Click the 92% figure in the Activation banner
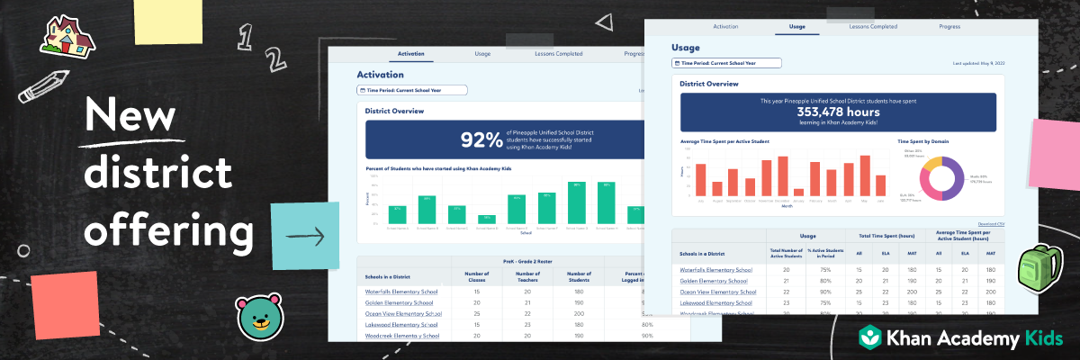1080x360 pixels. coord(481,139)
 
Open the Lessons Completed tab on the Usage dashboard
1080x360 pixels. coord(873,27)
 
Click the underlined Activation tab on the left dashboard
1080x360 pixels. coord(410,54)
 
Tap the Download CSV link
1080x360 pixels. coord(991,222)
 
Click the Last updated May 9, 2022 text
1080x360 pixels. coord(978,64)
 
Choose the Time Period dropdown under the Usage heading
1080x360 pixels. coord(727,63)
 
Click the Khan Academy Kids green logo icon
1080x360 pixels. coord(870,338)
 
